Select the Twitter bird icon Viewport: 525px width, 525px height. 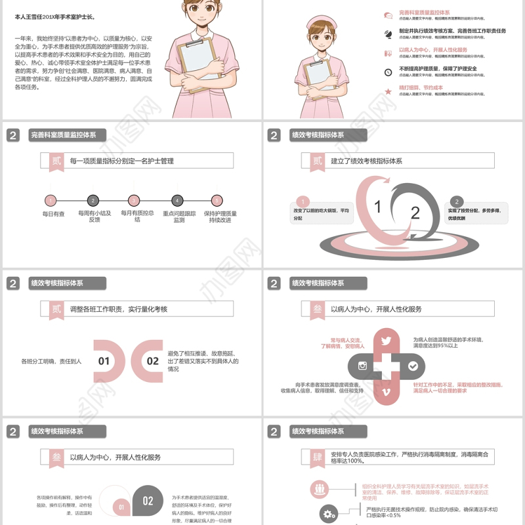pyautogui.click(x=386, y=340)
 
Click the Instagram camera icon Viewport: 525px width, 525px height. pyautogui.click(x=362, y=366)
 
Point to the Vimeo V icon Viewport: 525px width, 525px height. pyautogui.click(x=386, y=392)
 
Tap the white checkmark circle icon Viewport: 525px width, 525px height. pyautogui.click(x=412, y=366)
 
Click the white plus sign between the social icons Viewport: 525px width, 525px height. pyautogui.click(x=387, y=366)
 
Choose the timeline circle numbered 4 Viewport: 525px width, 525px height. pyautogui.click(x=177, y=201)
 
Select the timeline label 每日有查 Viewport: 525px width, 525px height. pyautogui.click(x=54, y=213)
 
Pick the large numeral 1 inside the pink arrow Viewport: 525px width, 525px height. pyautogui.click(x=377, y=207)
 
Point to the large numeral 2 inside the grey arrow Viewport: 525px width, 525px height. pyautogui.click(x=415, y=212)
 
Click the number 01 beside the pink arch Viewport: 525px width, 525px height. pyautogui.click(x=104, y=361)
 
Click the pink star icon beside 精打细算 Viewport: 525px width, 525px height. pyautogui.click(x=388, y=91)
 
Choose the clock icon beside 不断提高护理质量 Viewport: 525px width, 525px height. pyautogui.click(x=388, y=72)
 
